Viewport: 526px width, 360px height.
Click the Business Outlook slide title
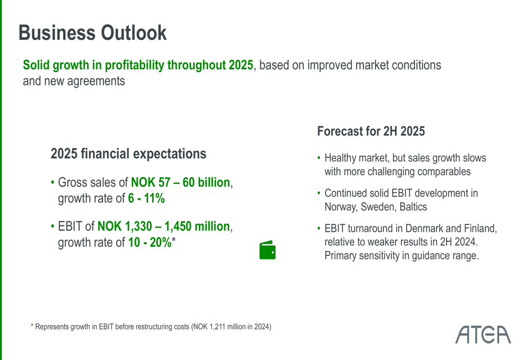93,33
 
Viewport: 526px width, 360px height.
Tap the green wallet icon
267,250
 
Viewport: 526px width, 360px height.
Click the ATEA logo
483,334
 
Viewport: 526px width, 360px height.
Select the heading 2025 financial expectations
128,154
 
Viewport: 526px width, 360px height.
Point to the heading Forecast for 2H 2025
371,131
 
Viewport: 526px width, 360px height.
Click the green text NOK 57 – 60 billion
180,183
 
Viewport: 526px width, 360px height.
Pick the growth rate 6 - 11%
146,199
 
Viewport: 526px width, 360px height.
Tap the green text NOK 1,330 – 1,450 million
164,227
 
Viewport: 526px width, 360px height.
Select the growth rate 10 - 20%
150,243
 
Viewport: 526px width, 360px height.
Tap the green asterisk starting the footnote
32,327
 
